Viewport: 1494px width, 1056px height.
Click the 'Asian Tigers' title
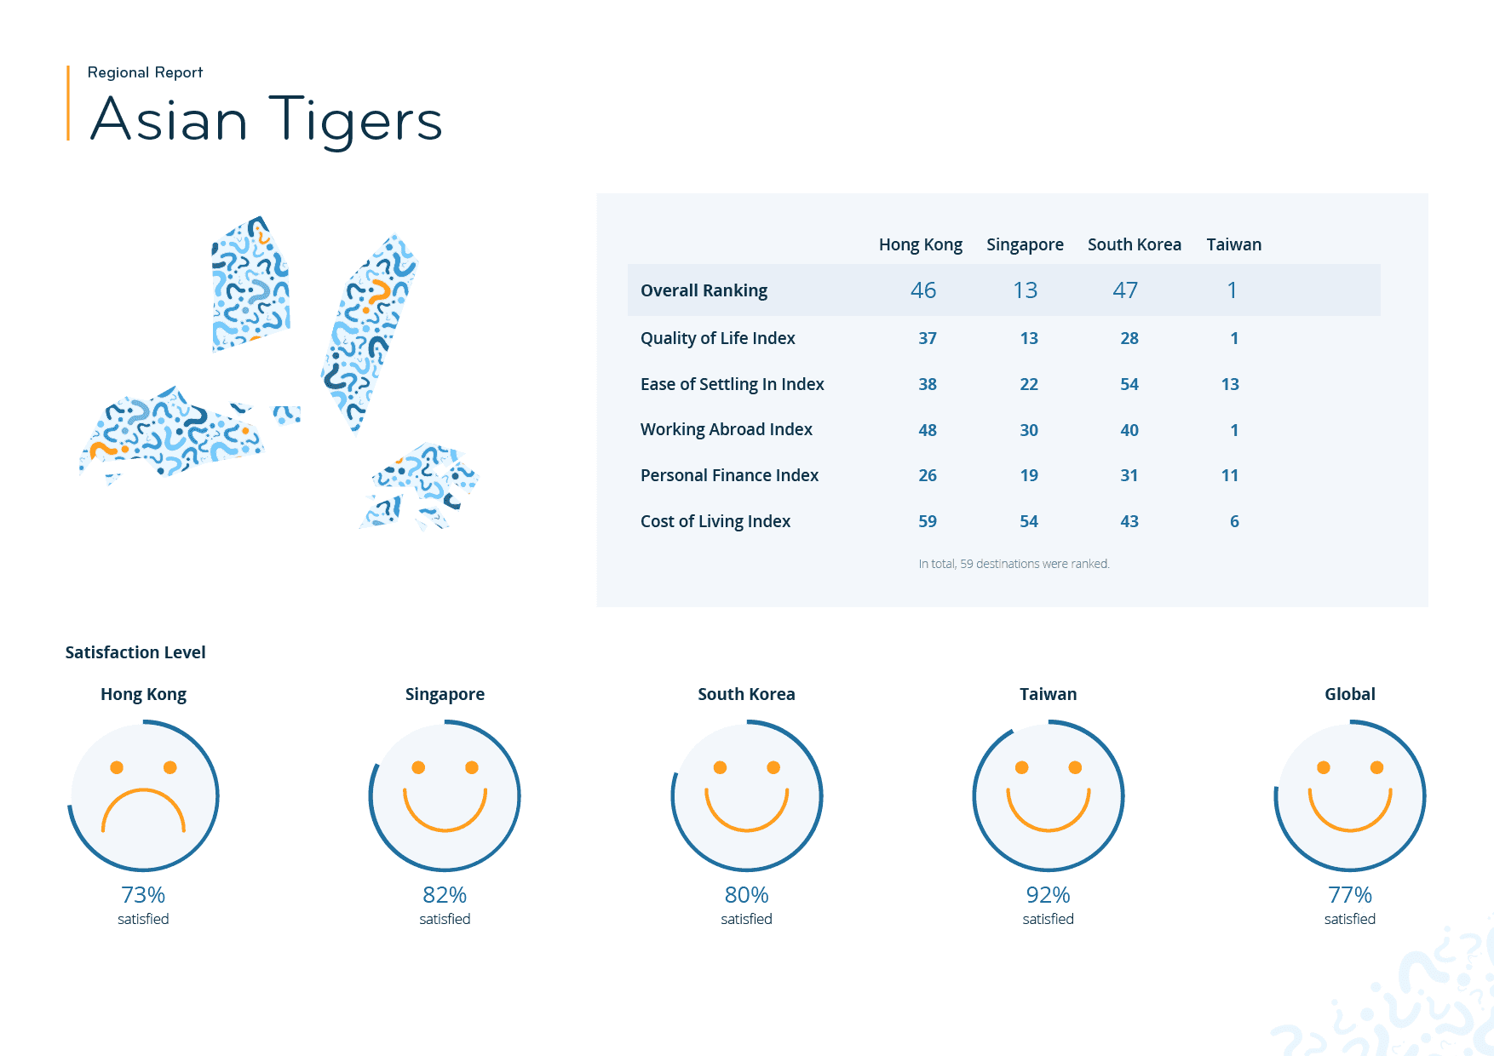(266, 120)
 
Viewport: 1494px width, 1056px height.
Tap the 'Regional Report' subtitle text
(145, 72)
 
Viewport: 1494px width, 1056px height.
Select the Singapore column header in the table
(1025, 244)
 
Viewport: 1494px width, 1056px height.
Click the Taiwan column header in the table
(1233, 244)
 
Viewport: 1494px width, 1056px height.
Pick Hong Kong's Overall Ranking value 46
(922, 290)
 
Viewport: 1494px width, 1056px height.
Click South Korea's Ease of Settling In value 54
(1129, 384)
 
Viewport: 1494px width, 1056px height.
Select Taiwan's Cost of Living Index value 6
(1233, 521)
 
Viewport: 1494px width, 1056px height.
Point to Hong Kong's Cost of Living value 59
(927, 521)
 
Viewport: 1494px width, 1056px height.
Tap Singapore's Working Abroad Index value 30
(1028, 430)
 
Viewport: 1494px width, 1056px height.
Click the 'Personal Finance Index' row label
(729, 475)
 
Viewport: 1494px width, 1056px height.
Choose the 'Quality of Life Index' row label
(717, 338)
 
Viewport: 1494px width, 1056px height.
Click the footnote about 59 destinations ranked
(1014, 564)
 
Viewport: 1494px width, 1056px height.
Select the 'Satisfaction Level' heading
(135, 652)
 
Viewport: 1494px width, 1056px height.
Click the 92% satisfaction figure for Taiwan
(1048, 895)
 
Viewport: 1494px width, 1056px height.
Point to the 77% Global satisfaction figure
(1349, 895)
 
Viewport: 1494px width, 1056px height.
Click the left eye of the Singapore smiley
(418, 767)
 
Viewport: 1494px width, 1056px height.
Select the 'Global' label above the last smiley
(1349, 694)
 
